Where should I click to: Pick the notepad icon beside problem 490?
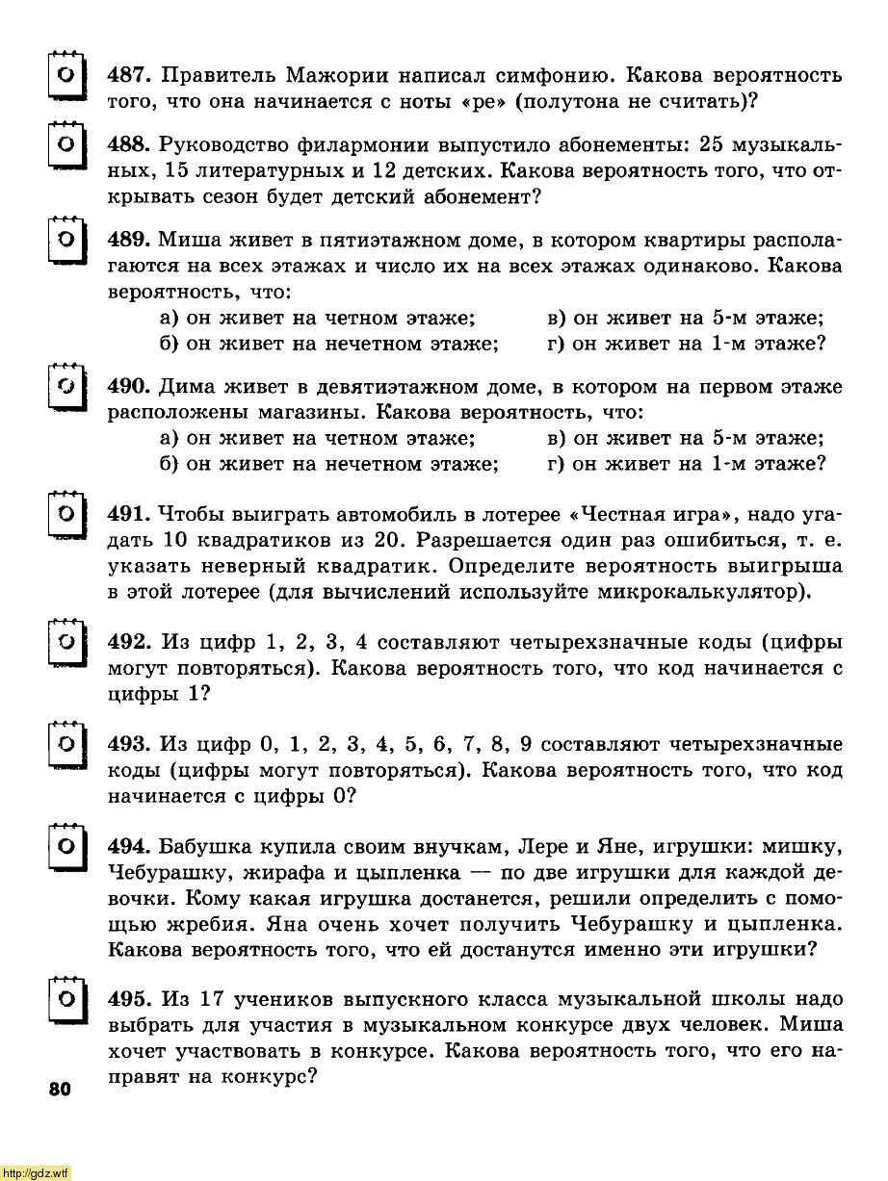pyautogui.click(x=65, y=389)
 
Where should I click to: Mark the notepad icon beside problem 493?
pyautogui.click(x=65, y=745)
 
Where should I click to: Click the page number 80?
pyautogui.click(x=57, y=1090)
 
